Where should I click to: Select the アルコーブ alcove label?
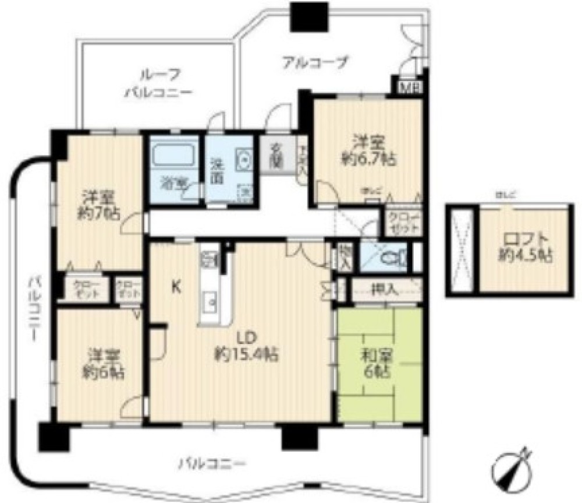click(x=315, y=61)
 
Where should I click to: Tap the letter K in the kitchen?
click(x=175, y=286)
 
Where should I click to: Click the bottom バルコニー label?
click(x=212, y=465)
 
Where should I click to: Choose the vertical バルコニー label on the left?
click(x=34, y=308)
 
